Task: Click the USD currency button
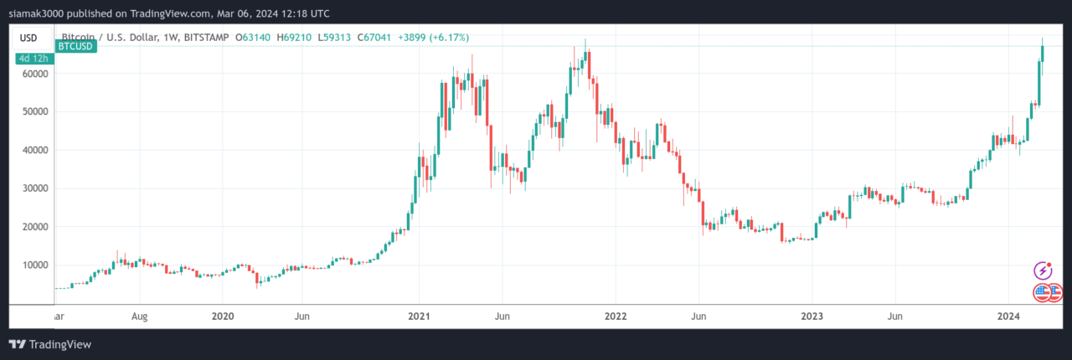(28, 38)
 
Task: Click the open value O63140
(250, 38)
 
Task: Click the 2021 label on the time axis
(419, 316)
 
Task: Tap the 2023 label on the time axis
(811, 316)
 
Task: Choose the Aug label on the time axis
(140, 316)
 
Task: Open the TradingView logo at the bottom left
(50, 344)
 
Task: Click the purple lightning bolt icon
(1043, 270)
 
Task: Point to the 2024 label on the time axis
(1008, 316)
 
